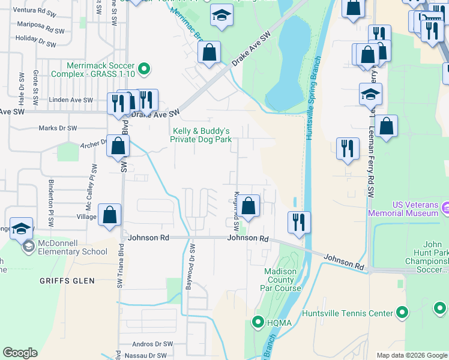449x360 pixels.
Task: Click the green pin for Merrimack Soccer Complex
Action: click(x=143, y=70)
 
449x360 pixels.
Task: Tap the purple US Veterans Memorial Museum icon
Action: click(x=445, y=208)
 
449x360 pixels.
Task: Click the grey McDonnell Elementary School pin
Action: click(x=28, y=247)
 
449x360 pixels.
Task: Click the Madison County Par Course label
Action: click(x=280, y=280)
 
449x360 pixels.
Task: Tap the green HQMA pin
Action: click(x=258, y=323)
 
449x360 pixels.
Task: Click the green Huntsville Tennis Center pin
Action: click(x=402, y=313)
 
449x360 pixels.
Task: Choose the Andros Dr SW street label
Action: click(x=149, y=344)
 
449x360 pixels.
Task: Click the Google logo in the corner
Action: click(x=20, y=352)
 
